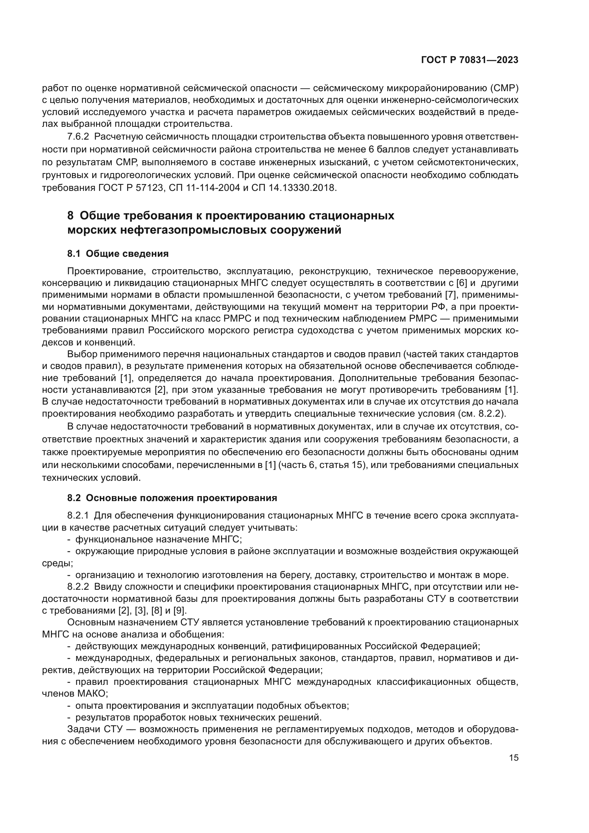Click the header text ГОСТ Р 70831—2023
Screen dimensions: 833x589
pos(470,60)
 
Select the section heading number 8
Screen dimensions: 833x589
pos(71,215)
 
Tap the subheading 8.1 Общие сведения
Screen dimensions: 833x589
pos(118,254)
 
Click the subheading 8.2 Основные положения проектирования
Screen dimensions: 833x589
pos(172,498)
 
